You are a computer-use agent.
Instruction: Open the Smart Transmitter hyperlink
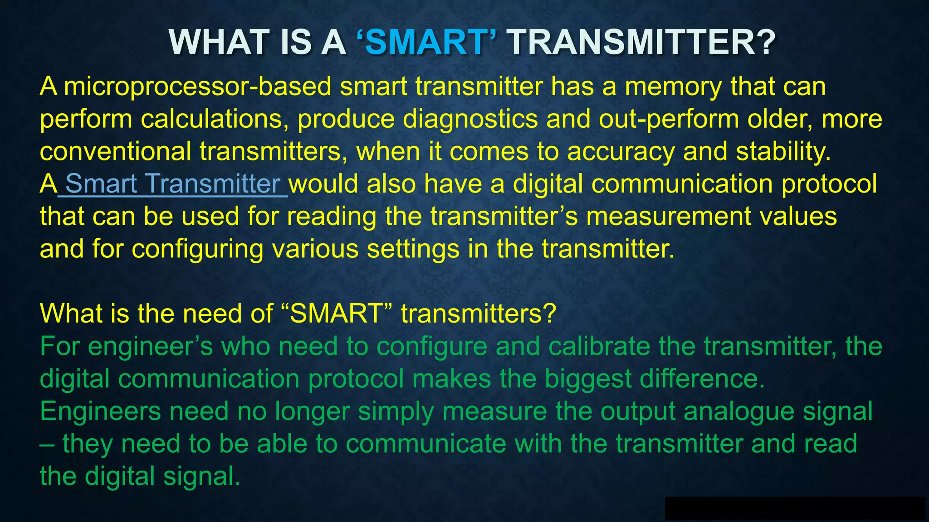[173, 184]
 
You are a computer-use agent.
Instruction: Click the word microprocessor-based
[197, 86]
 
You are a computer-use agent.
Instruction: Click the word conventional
[115, 151]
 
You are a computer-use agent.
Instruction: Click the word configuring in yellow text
[197, 249]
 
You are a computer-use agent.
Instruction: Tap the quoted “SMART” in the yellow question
[337, 314]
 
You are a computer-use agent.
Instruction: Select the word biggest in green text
[588, 379]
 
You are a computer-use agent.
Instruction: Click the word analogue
[739, 411]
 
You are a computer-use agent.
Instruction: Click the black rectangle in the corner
[795, 508]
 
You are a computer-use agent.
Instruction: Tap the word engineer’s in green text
[150, 347]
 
